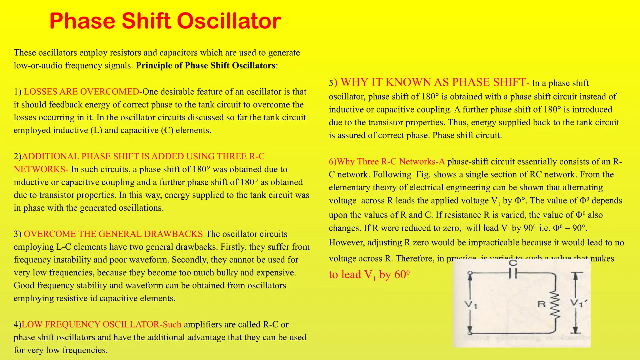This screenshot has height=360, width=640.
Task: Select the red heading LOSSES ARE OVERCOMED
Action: (82, 92)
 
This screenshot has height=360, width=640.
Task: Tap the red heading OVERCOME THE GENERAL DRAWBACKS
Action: (113, 234)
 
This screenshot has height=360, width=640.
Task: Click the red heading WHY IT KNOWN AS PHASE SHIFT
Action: (433, 82)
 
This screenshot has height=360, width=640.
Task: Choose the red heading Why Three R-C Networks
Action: (387, 162)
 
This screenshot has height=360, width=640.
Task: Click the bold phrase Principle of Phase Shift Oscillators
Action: (206, 66)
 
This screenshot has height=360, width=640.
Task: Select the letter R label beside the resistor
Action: (542, 304)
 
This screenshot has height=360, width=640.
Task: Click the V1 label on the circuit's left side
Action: (471, 304)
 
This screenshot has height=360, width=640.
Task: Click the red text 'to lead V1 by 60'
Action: (369, 275)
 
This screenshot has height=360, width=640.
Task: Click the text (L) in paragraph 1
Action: (96, 130)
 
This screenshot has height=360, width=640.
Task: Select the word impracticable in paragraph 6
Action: (498, 242)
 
